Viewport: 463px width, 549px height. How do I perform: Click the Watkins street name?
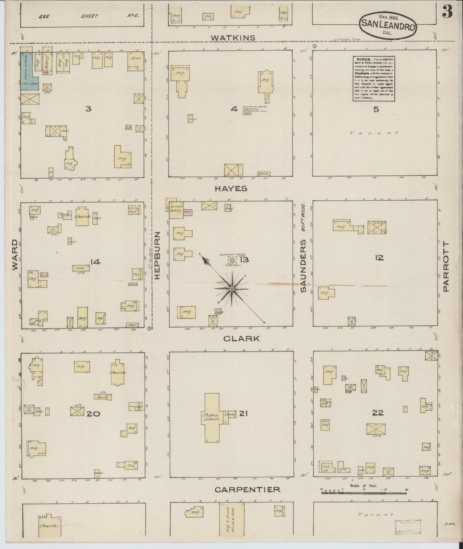tap(233, 38)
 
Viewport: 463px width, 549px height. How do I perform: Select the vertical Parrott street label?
tap(445, 267)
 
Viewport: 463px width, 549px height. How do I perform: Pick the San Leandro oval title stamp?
tap(387, 25)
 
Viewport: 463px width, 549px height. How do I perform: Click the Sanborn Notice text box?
tap(374, 78)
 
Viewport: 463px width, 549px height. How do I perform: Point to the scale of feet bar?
tap(364, 493)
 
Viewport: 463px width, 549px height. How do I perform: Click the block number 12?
tap(379, 258)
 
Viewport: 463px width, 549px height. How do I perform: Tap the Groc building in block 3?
tap(136, 61)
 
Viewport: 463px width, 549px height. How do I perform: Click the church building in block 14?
tap(82, 216)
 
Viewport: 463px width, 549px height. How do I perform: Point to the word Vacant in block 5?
tap(374, 133)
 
